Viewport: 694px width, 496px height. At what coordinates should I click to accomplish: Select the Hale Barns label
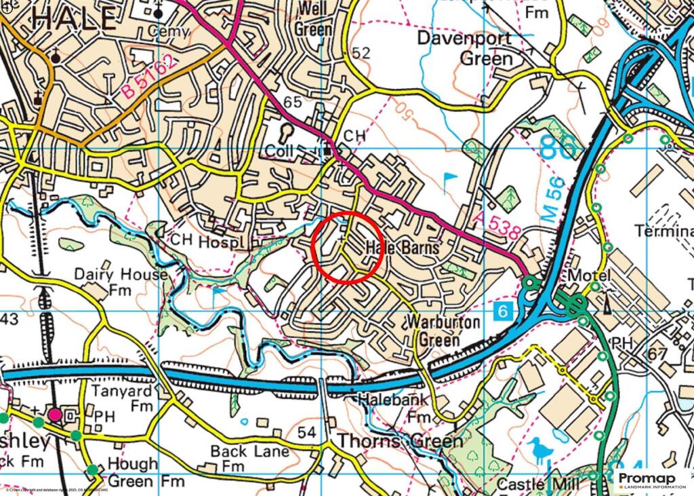click(403, 248)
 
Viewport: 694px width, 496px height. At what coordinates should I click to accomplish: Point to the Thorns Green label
click(400, 441)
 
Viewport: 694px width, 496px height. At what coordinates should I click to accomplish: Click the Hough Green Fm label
click(133, 473)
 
